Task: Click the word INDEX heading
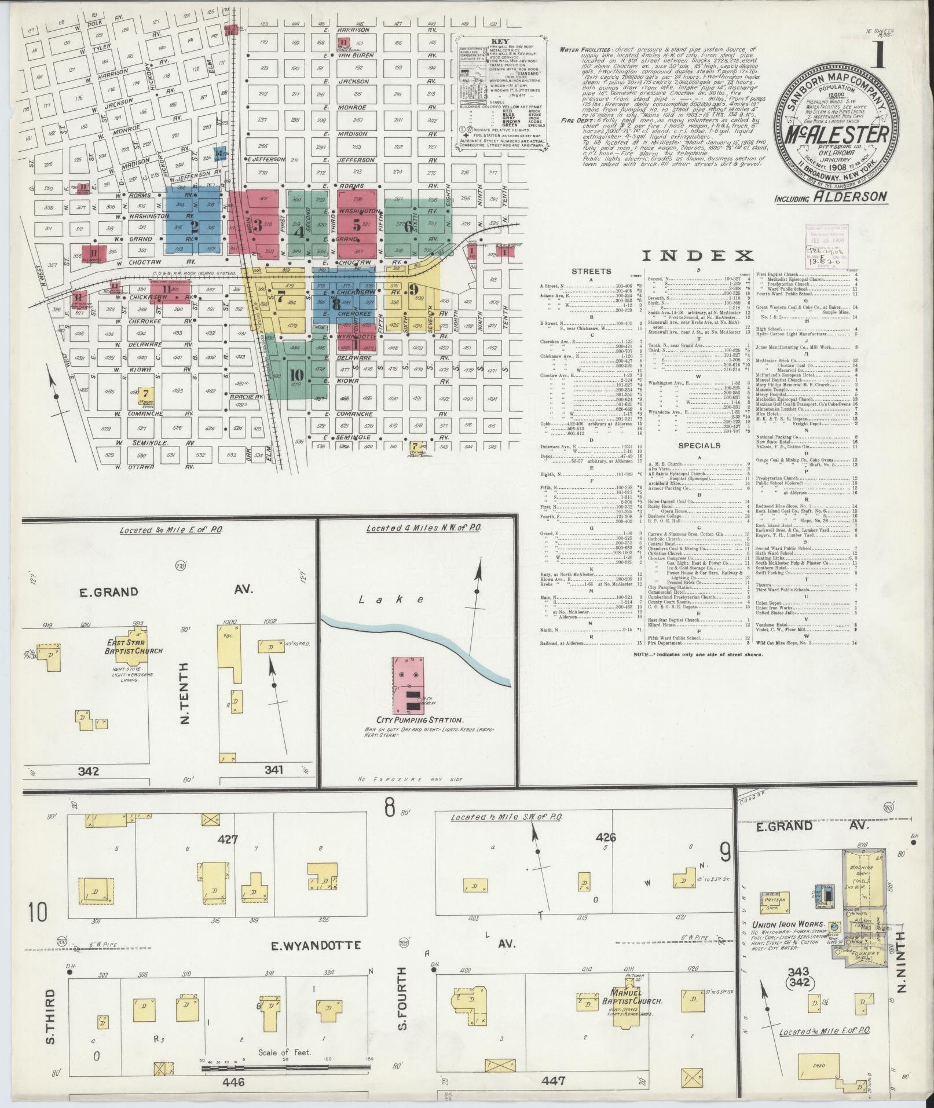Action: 698,255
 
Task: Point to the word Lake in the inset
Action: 397,600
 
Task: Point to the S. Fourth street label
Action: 404,994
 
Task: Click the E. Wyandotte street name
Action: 317,945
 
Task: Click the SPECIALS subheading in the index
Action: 699,445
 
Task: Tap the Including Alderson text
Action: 830,196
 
